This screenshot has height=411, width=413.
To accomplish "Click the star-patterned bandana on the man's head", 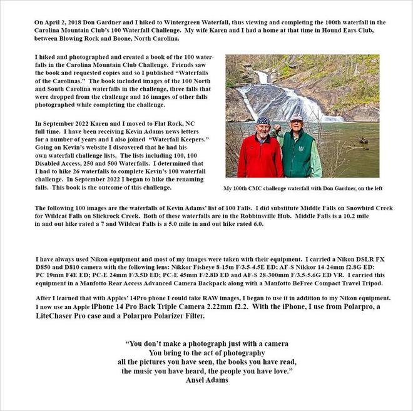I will coord(263,120).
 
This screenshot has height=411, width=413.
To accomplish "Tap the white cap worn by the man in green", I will coord(296,117).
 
